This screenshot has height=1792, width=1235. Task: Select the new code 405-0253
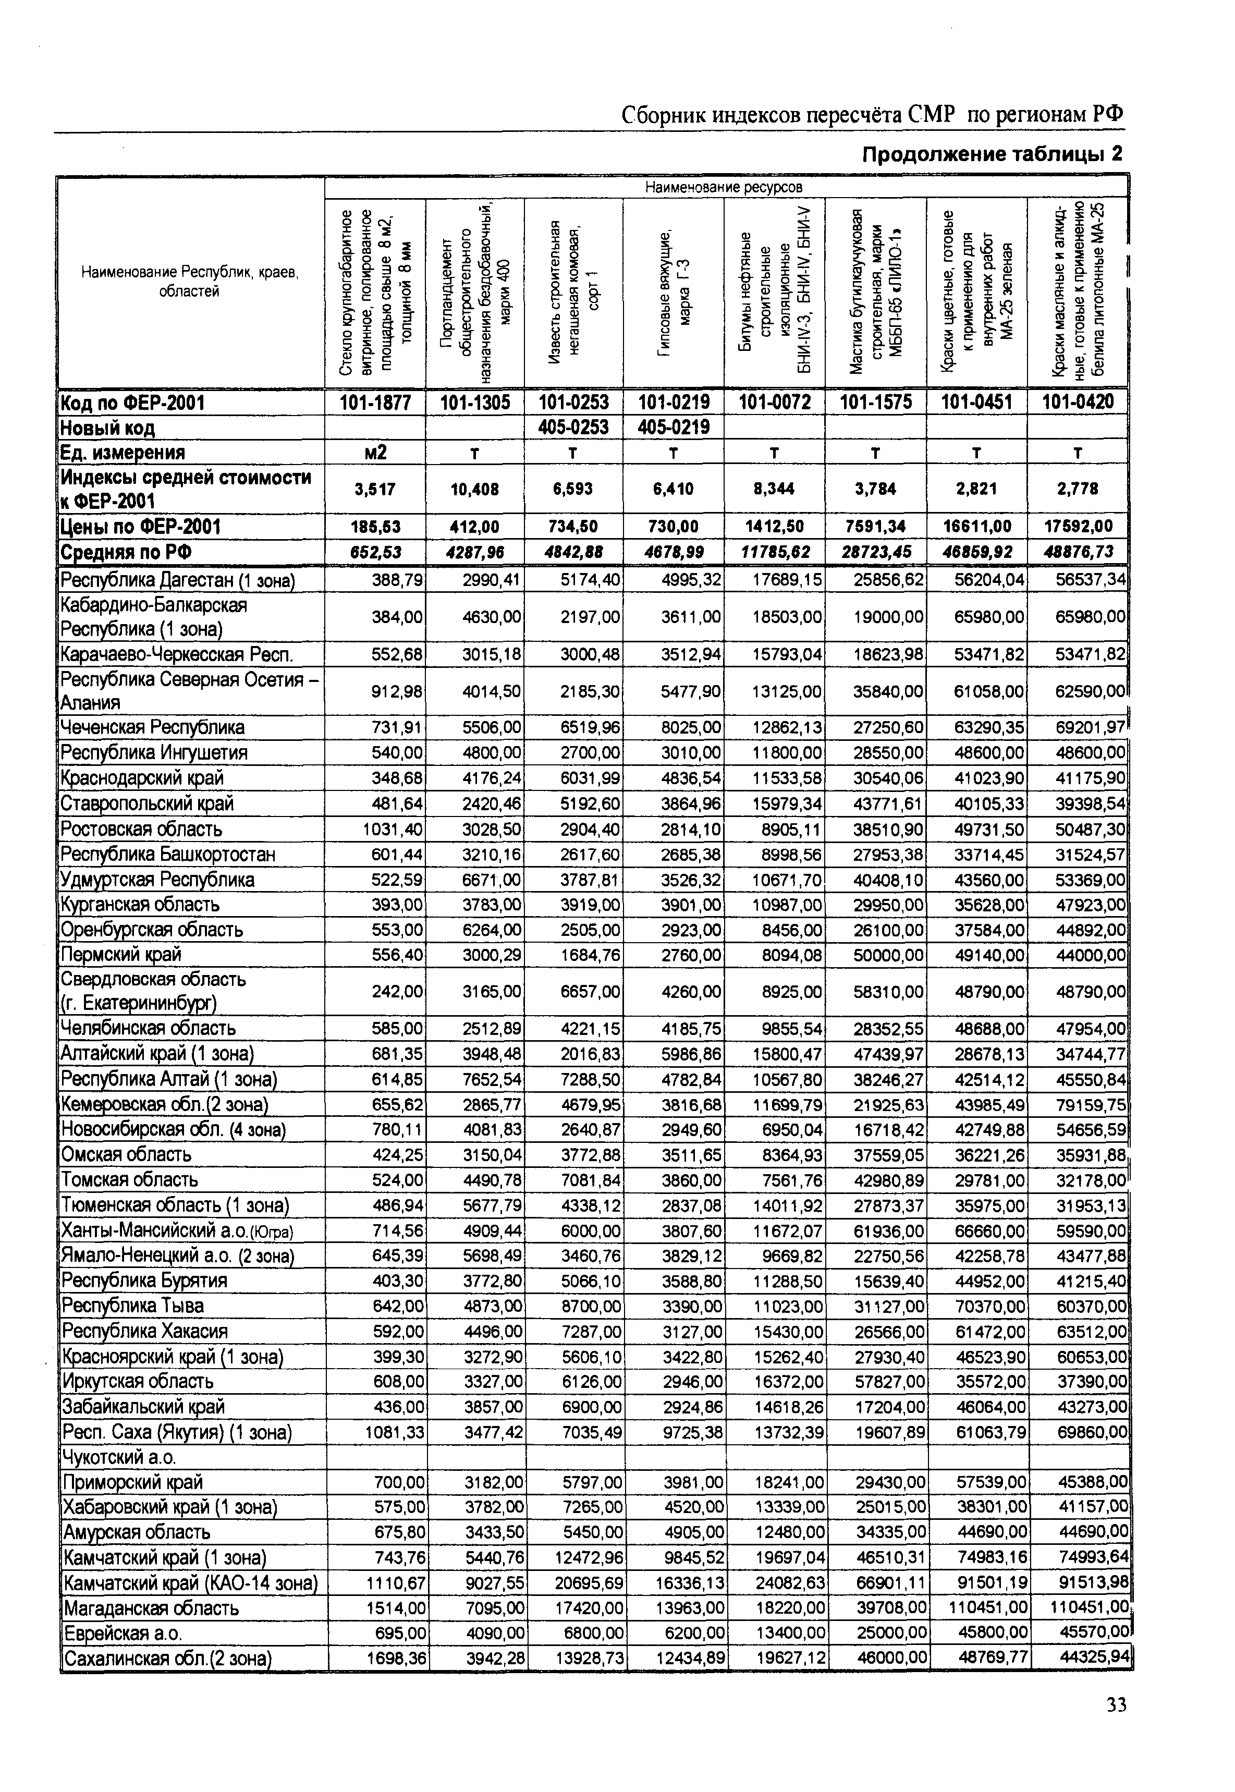(573, 427)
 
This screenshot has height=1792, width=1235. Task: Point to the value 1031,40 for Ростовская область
(393, 828)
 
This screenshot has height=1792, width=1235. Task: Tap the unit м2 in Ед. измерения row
(375, 453)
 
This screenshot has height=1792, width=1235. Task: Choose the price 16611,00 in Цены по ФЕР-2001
(976, 527)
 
